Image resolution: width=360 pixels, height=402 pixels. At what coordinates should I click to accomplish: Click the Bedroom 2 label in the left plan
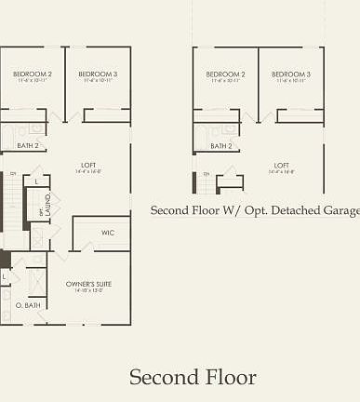[32, 74]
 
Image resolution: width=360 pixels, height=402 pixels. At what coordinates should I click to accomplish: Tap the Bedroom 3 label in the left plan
[97, 74]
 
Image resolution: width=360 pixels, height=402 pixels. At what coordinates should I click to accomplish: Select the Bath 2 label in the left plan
[28, 146]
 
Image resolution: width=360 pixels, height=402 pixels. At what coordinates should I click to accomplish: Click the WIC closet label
[108, 233]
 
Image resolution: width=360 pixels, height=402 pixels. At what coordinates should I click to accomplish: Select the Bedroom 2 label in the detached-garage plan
[225, 74]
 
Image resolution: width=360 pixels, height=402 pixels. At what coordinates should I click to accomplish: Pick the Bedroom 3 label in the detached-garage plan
[290, 74]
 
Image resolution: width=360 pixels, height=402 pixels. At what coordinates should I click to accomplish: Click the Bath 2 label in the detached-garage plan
[221, 146]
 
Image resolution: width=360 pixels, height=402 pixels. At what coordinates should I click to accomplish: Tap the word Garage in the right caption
[339, 211]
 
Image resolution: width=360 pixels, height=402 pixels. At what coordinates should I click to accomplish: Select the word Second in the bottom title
[164, 377]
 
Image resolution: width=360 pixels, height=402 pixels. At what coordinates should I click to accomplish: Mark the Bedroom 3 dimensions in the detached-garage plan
[290, 81]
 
